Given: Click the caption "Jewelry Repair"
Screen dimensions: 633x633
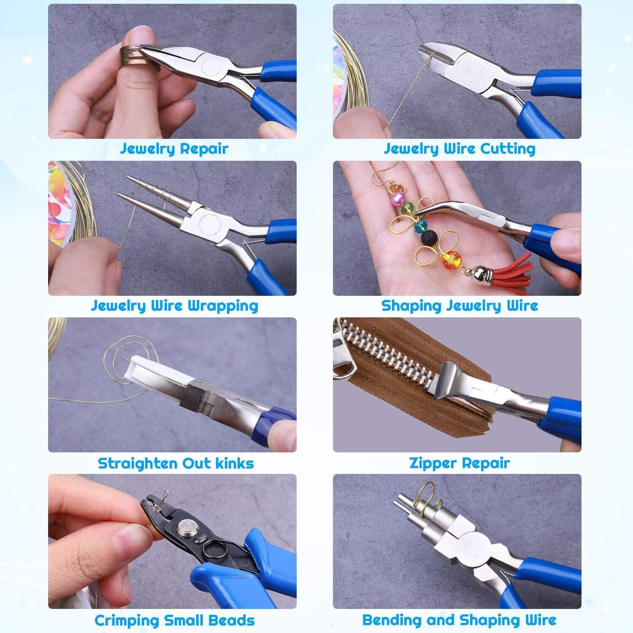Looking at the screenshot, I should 174,149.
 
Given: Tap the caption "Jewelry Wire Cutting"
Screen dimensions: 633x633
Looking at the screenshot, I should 459,149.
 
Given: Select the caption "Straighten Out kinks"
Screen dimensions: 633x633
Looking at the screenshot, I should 176,463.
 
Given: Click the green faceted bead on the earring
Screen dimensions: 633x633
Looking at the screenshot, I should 408,208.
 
